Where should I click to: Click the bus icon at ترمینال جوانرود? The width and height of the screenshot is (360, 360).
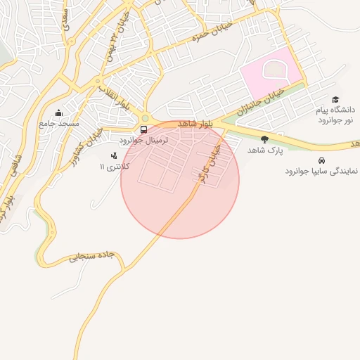(x=143, y=129)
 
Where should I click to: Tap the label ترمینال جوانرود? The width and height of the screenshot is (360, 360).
(x=145, y=141)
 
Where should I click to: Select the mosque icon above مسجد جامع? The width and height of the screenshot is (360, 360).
(x=58, y=113)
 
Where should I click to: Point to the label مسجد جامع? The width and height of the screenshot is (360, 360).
(x=59, y=124)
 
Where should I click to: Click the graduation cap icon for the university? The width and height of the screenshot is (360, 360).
(x=335, y=100)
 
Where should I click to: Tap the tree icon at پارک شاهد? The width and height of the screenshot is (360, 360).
(x=264, y=139)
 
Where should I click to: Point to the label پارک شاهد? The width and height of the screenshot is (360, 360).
(x=264, y=150)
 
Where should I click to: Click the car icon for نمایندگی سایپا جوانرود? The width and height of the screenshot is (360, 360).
(x=322, y=160)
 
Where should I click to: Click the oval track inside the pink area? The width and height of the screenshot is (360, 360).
(x=274, y=71)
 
